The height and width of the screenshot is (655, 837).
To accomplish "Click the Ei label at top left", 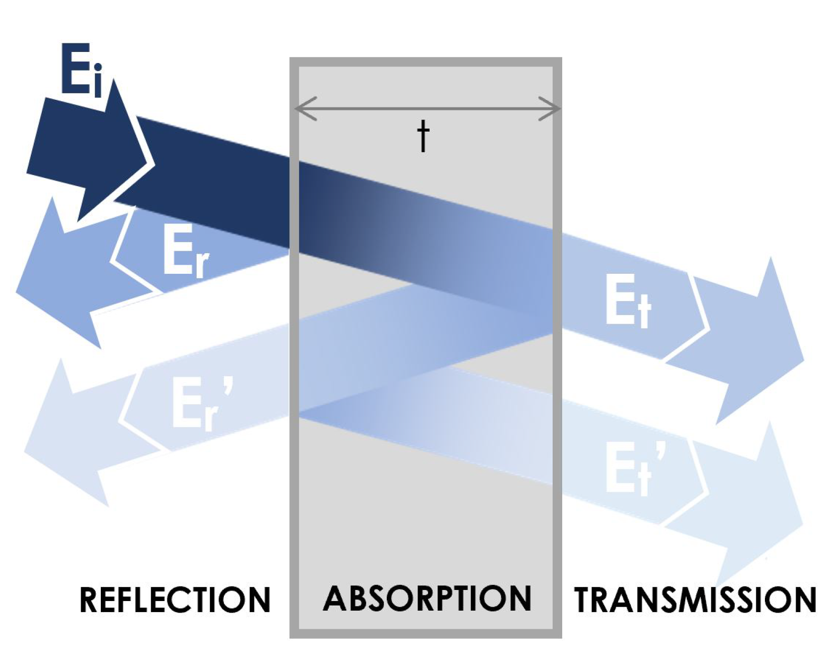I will click(x=81, y=70).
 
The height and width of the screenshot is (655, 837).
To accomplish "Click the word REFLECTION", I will click(x=175, y=600).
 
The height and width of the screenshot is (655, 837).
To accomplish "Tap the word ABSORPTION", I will click(x=427, y=599).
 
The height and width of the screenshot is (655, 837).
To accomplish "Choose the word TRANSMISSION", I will click(x=695, y=600).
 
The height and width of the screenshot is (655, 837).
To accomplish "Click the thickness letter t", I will click(x=424, y=136).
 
